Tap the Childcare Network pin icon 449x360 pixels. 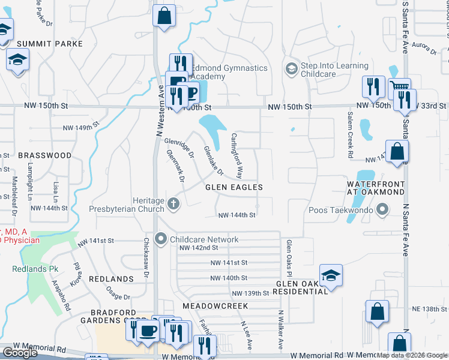(x=161, y=239)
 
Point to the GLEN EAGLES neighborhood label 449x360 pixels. (x=234, y=188)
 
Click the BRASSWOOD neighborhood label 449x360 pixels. (x=44, y=155)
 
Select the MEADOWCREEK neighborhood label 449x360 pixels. (x=215, y=306)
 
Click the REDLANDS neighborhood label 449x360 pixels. (x=111, y=279)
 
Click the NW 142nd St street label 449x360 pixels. (x=198, y=247)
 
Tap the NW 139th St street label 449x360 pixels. (x=250, y=293)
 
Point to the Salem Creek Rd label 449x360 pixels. (x=349, y=132)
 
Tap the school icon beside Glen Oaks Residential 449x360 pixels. (x=331, y=275)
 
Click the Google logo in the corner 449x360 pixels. (x=20, y=353)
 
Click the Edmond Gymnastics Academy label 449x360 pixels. (x=229, y=72)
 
